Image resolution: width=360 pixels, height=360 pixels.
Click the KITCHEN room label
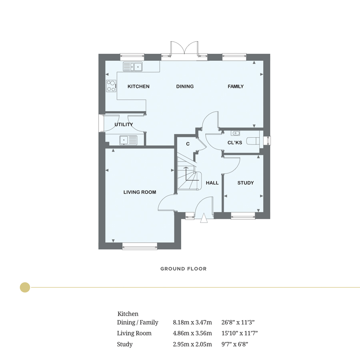[x=138, y=86]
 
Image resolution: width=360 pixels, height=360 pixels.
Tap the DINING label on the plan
[x=185, y=86]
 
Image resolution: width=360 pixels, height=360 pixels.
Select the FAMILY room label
[x=236, y=86]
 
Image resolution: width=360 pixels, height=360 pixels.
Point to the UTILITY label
[x=124, y=124]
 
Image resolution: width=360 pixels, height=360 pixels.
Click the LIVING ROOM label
[x=140, y=192]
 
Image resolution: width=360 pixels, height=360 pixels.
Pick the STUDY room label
[x=246, y=183]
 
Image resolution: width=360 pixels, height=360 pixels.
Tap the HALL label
[x=212, y=183]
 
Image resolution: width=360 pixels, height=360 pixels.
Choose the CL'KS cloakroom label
[x=235, y=142]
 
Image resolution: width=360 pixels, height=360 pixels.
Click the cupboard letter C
[x=188, y=144]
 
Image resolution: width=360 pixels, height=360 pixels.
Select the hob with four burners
[x=111, y=86]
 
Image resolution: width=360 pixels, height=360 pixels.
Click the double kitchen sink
[x=133, y=66]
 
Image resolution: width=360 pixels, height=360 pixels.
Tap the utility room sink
[x=128, y=140]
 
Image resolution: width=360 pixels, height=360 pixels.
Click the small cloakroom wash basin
[x=236, y=133]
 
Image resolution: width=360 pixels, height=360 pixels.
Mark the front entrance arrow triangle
[x=204, y=218]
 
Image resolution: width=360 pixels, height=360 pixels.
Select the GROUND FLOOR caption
[x=184, y=269]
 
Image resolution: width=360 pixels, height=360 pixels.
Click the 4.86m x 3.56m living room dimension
[x=192, y=333]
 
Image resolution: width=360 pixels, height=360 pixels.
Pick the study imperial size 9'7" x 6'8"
[x=235, y=344]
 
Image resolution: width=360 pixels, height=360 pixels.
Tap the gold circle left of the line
[x=25, y=287]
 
